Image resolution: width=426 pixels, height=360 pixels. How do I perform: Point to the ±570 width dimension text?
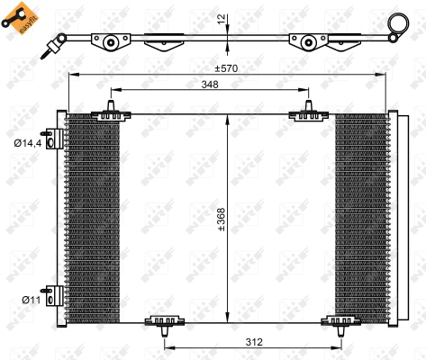click(225, 68)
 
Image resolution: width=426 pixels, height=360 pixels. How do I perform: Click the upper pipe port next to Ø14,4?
click(56, 138)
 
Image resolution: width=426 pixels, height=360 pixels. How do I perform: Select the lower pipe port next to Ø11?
click(56, 296)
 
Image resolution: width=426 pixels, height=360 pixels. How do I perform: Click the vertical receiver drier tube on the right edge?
click(394, 216)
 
